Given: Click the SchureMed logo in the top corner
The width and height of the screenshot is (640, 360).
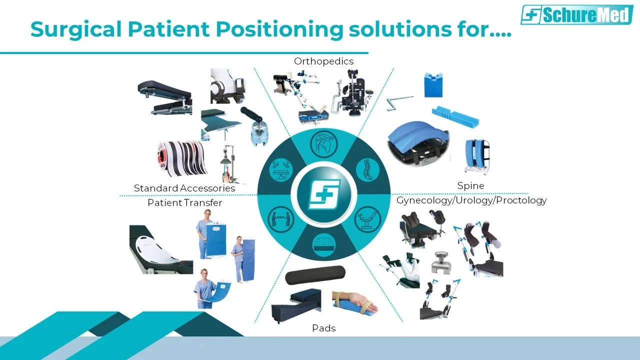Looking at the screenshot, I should pos(575,14).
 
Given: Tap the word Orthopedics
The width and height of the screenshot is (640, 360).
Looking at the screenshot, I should pos(323,61).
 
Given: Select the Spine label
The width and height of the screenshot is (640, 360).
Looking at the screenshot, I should pos(470,185).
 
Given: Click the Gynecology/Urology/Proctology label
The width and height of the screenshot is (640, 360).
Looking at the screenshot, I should pos(471,200).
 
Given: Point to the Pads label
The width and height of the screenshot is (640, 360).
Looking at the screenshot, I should pos(323,328).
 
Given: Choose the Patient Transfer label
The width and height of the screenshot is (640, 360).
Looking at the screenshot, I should pos(184,202).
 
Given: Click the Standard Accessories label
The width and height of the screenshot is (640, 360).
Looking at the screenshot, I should pos(184,188).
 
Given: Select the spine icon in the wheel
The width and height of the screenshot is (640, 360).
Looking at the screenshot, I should pos(367,169).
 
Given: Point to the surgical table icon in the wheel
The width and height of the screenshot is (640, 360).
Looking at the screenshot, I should pos(280,169).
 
